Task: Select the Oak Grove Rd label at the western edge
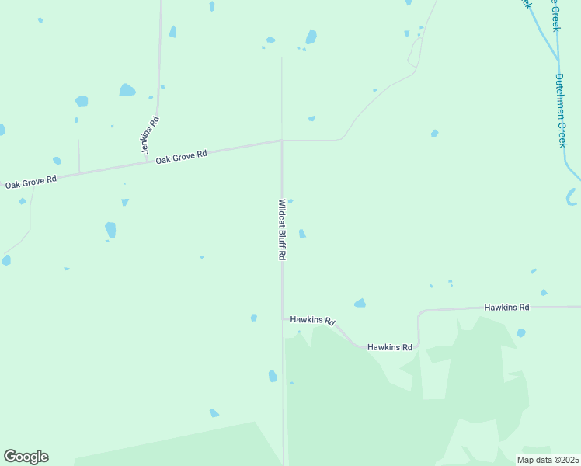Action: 30,183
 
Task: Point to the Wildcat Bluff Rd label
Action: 283,229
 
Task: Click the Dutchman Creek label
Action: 561,110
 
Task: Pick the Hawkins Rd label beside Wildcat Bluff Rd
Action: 312,320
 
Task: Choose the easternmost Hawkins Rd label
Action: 506,308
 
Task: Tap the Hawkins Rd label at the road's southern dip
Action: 390,347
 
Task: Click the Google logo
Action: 26,457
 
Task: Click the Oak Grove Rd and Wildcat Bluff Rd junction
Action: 281,141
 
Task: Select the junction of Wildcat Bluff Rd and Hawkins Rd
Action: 283,317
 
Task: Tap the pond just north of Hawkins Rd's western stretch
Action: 360,303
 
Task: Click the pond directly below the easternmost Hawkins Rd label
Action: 521,332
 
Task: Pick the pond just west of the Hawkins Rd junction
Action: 254,318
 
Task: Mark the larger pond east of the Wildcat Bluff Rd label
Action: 302,234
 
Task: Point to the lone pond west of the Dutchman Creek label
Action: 434,134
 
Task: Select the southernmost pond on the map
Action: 214,413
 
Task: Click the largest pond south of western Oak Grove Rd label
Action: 110,230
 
